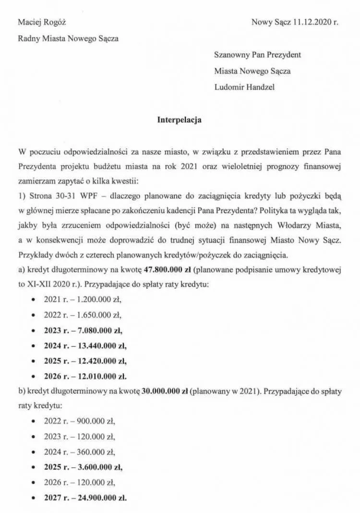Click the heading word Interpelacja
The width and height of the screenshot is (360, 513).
[180, 120]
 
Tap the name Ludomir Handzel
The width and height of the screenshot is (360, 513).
[245, 87]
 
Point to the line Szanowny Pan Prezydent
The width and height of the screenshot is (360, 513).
[257, 55]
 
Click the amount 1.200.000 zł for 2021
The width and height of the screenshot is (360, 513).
[99, 300]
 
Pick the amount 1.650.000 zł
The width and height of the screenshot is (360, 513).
[99, 315]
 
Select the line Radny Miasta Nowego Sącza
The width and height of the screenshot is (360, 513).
[68, 39]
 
